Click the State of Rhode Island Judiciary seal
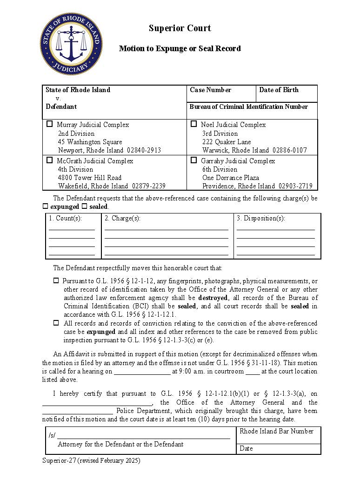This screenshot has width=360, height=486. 71,44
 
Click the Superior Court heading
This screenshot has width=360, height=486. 180,28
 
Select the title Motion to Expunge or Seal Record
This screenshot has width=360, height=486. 180,48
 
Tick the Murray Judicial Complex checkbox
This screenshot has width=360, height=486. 50,124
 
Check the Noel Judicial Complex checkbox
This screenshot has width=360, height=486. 194,124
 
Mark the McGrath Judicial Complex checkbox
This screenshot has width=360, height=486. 50,160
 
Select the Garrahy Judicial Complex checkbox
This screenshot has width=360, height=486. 194,160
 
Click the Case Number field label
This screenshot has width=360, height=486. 210,90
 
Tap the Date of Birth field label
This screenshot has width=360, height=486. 279,90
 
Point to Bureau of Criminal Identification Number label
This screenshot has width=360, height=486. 248,107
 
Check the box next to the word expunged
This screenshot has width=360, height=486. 46,206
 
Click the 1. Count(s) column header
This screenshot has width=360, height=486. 66,218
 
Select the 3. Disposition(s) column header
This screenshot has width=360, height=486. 260,218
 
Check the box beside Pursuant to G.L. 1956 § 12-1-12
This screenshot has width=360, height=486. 56,281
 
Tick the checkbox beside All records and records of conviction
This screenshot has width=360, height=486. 56,323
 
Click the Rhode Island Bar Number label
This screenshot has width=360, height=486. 276,431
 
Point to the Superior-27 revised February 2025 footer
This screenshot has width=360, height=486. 91,460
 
